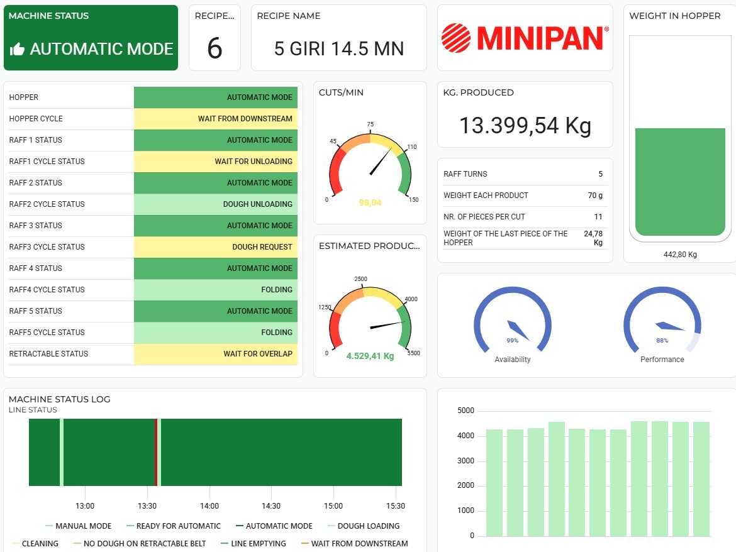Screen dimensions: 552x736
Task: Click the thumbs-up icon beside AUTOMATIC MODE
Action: [18, 50]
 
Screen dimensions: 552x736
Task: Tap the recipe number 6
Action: [215, 48]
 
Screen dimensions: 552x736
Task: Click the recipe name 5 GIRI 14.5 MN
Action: [338, 48]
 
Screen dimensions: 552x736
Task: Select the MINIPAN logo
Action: [525, 38]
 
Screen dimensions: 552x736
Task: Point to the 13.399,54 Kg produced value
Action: [525, 126]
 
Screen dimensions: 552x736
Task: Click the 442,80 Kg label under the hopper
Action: [680, 255]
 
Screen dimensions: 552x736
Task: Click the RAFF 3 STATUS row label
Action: [36, 226]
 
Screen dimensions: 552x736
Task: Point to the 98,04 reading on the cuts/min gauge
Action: [370, 202]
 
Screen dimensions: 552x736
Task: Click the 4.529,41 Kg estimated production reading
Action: [370, 356]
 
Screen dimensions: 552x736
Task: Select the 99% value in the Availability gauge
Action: [512, 340]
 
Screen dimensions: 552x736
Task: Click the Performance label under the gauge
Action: [662, 360]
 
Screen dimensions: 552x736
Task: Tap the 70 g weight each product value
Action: [595, 196]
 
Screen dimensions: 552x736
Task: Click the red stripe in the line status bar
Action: [156, 452]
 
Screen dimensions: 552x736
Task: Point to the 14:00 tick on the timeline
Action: [209, 506]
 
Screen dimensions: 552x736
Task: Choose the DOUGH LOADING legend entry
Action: [368, 526]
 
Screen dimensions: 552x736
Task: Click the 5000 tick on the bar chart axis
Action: [466, 411]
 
